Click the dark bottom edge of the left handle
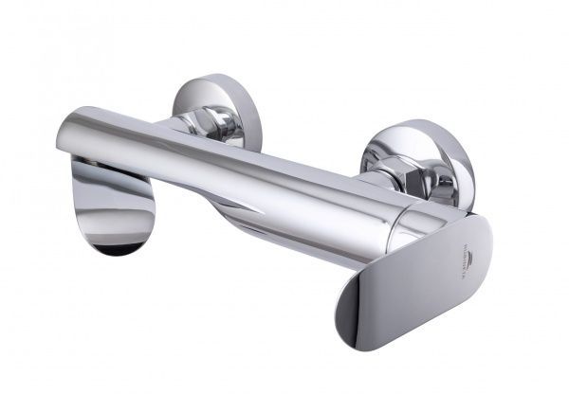(x=114, y=249)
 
